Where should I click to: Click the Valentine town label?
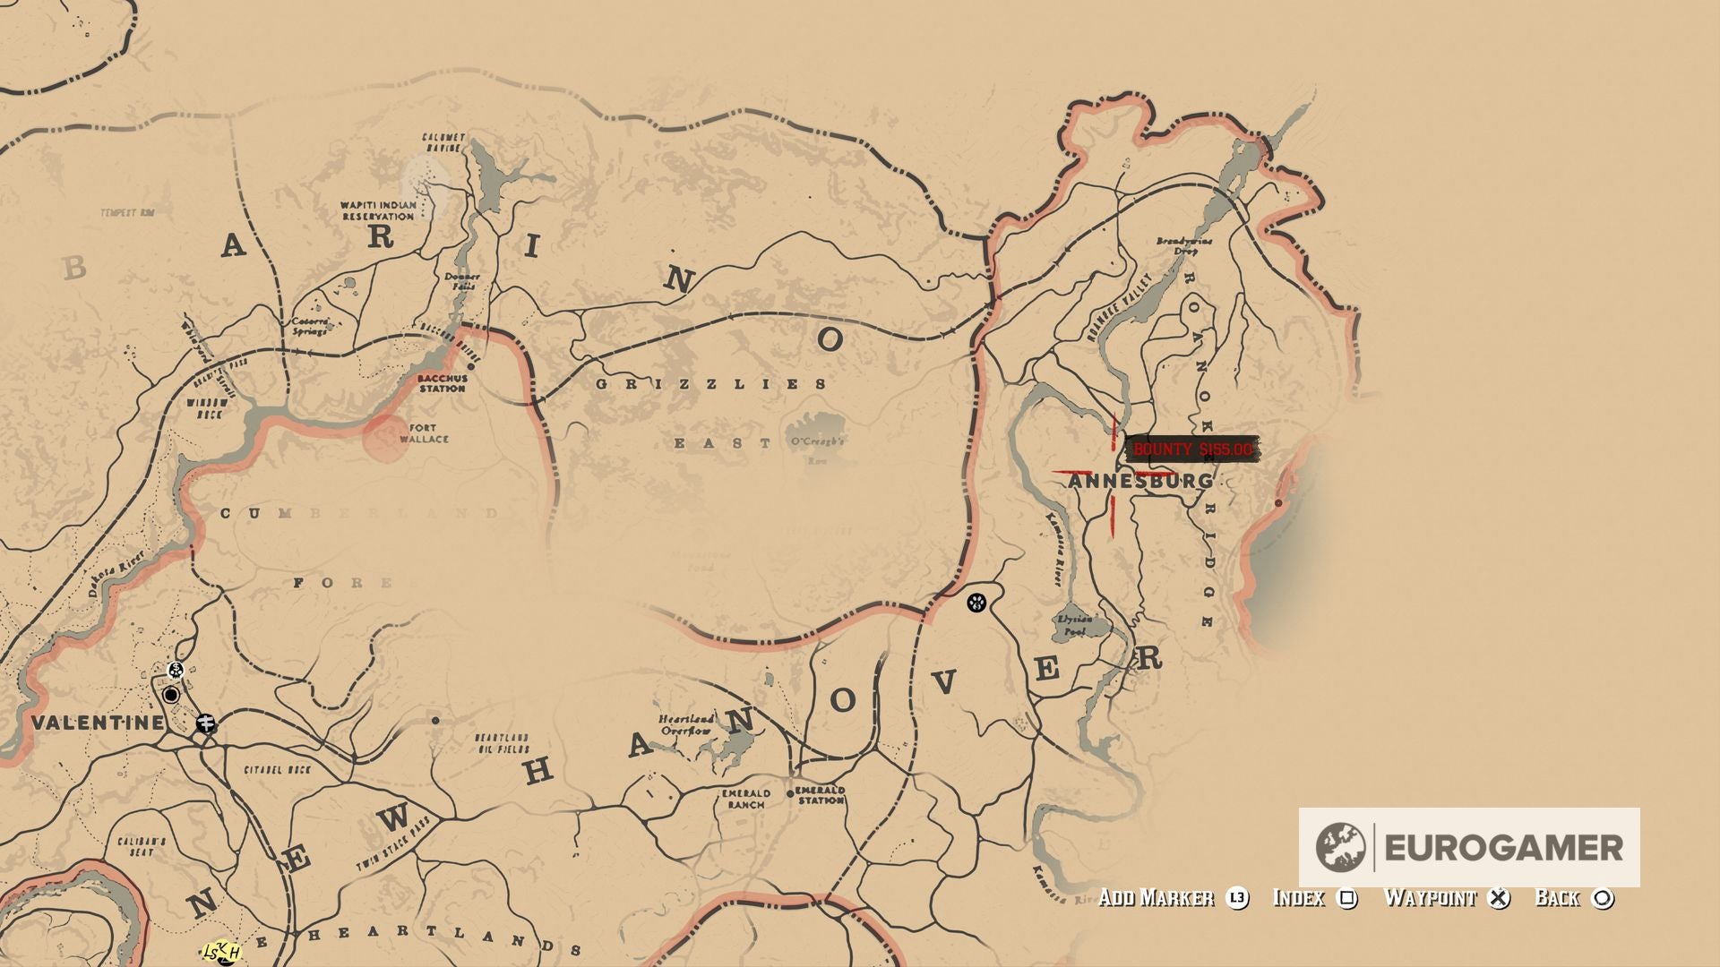coord(98,723)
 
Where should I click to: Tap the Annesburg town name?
coord(1140,482)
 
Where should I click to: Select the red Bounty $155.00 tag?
coord(1191,449)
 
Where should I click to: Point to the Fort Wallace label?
coord(424,434)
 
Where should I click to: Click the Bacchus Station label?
coord(442,384)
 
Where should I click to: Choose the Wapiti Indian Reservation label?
coord(378,211)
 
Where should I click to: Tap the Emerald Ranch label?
coord(746,799)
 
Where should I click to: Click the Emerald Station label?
coord(820,795)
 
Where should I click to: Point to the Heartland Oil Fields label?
coord(502,743)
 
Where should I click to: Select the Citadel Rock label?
coord(277,770)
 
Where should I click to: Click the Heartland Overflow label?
coord(687,724)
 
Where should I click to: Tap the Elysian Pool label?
coord(1074,625)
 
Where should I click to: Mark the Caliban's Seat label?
coord(142,847)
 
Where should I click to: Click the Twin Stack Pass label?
coord(393,844)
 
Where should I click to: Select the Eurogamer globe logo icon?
coord(1340,847)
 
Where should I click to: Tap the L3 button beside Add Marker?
coord(1237,898)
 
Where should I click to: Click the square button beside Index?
coord(1346,898)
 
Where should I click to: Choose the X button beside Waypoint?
coord(1499,898)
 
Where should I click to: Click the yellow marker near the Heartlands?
coord(221,953)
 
